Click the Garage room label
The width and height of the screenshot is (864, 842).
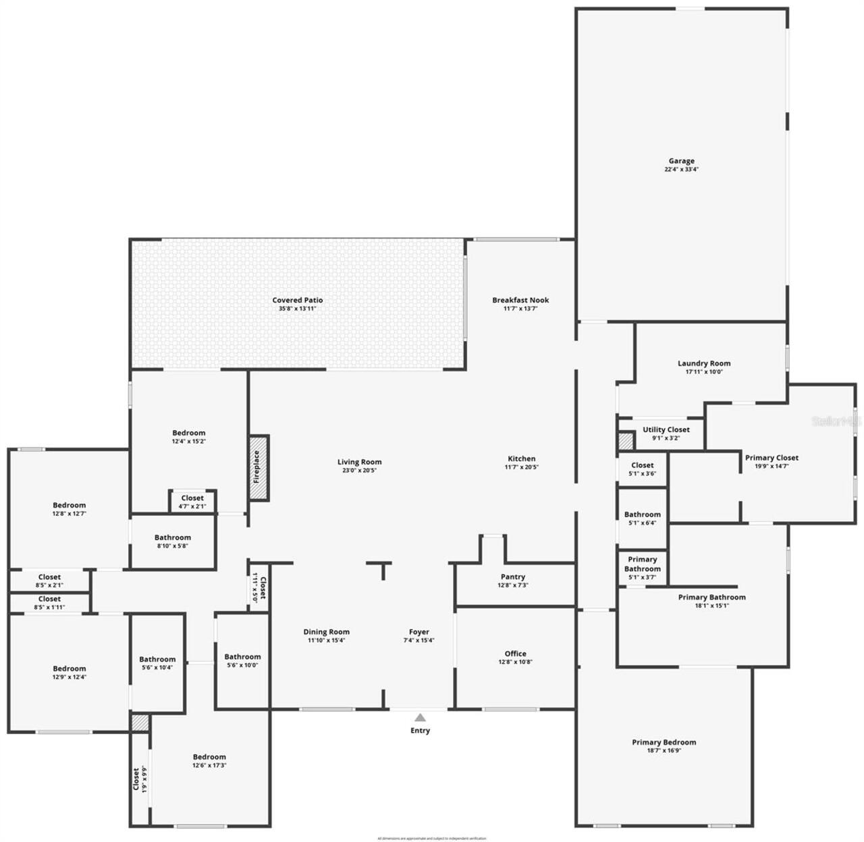[x=681, y=161]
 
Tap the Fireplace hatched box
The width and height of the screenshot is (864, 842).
[x=258, y=468]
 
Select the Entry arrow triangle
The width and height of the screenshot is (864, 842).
[x=420, y=718]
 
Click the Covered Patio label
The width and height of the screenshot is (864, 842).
[x=297, y=300]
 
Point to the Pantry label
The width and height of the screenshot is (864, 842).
[x=513, y=577]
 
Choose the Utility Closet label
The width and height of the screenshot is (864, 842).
[x=666, y=430]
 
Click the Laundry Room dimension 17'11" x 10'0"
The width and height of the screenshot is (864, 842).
[x=704, y=371]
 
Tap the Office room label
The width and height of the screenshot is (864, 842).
[x=515, y=654]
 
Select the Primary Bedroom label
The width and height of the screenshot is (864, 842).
[x=664, y=743]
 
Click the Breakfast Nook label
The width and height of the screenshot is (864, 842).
[x=520, y=300]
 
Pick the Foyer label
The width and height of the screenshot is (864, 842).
[x=418, y=632]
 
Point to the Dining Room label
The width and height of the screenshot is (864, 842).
[x=326, y=632]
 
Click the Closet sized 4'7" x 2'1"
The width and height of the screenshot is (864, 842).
[x=192, y=502]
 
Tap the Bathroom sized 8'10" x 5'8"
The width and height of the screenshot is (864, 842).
[x=173, y=542]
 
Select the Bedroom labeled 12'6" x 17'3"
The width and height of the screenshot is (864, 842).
[x=209, y=761]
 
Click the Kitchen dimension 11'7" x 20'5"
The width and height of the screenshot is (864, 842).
[x=521, y=467]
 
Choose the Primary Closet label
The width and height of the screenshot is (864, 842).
[x=772, y=458]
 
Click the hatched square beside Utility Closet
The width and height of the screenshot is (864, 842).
[x=626, y=442]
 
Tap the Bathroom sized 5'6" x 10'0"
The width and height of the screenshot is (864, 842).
[x=242, y=660]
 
